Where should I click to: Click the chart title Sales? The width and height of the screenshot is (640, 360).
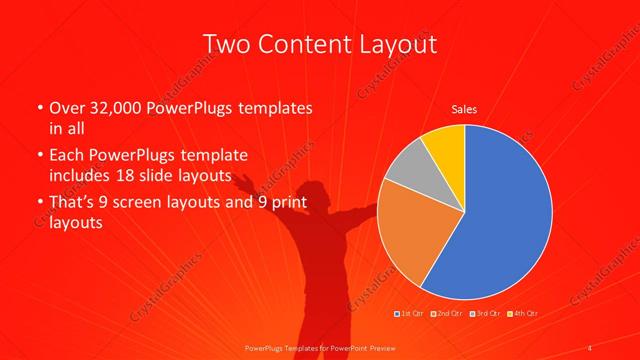(x=464, y=108)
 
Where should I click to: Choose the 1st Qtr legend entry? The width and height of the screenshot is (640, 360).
(x=411, y=314)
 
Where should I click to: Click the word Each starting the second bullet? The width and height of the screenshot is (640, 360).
(x=68, y=156)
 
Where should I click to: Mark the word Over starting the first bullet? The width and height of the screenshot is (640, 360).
(x=69, y=107)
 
